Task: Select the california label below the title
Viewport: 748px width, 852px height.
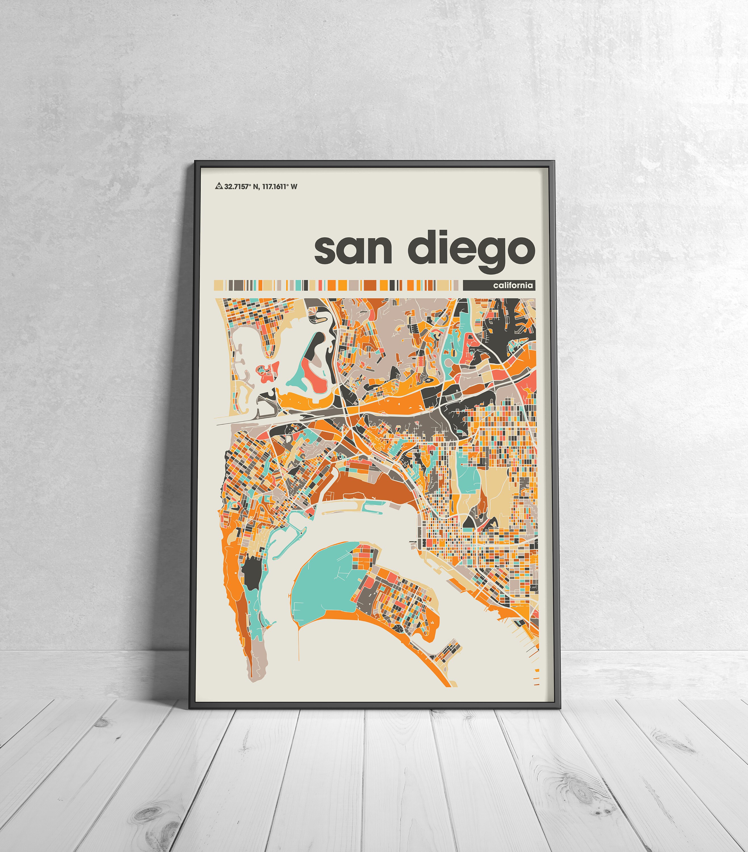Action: coord(513,285)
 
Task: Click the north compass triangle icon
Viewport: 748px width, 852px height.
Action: coord(219,186)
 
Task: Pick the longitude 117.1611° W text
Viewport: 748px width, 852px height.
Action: coord(280,186)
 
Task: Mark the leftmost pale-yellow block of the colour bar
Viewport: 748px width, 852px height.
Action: coord(219,285)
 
